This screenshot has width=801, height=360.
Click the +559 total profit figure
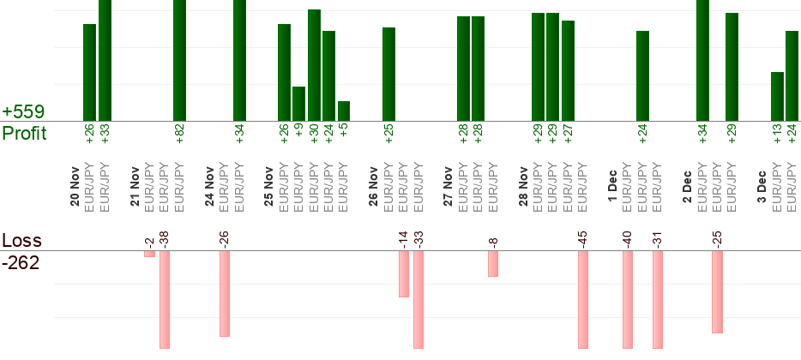[23, 112]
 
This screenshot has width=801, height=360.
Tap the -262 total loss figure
[21, 263]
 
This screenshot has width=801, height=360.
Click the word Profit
[24, 134]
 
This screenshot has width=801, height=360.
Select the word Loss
[21, 241]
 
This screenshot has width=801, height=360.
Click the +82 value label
[179, 134]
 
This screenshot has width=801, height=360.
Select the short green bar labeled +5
[344, 111]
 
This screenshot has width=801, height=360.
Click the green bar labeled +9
[298, 104]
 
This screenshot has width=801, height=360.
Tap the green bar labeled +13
[777, 97]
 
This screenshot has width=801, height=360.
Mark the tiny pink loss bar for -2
[149, 254]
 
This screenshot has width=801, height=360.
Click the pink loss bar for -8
[493, 264]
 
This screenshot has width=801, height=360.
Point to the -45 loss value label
[583, 237]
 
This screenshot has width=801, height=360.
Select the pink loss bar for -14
[403, 274]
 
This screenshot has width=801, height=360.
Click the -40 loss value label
[628, 237]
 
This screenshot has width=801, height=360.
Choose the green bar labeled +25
[388, 75]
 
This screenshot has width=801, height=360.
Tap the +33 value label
[105, 134]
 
